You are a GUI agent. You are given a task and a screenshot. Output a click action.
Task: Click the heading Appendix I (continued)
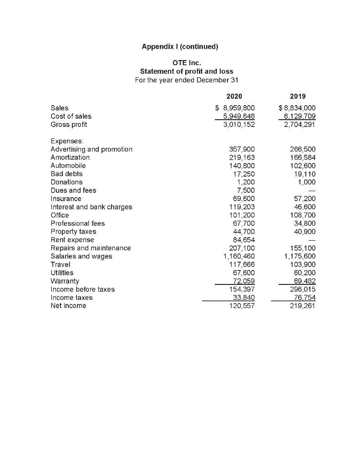point(180,46)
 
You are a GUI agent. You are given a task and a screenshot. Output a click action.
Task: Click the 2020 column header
point(234,96)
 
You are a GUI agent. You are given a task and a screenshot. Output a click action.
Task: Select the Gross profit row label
point(69,124)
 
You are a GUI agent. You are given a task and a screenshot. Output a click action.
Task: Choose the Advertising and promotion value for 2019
point(303,149)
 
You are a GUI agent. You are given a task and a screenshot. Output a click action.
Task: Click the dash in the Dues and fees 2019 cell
point(311,191)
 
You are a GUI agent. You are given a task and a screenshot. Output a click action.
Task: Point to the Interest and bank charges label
point(91,207)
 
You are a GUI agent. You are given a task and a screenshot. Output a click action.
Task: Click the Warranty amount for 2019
point(303,281)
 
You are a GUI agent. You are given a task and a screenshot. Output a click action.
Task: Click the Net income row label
point(68,306)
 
